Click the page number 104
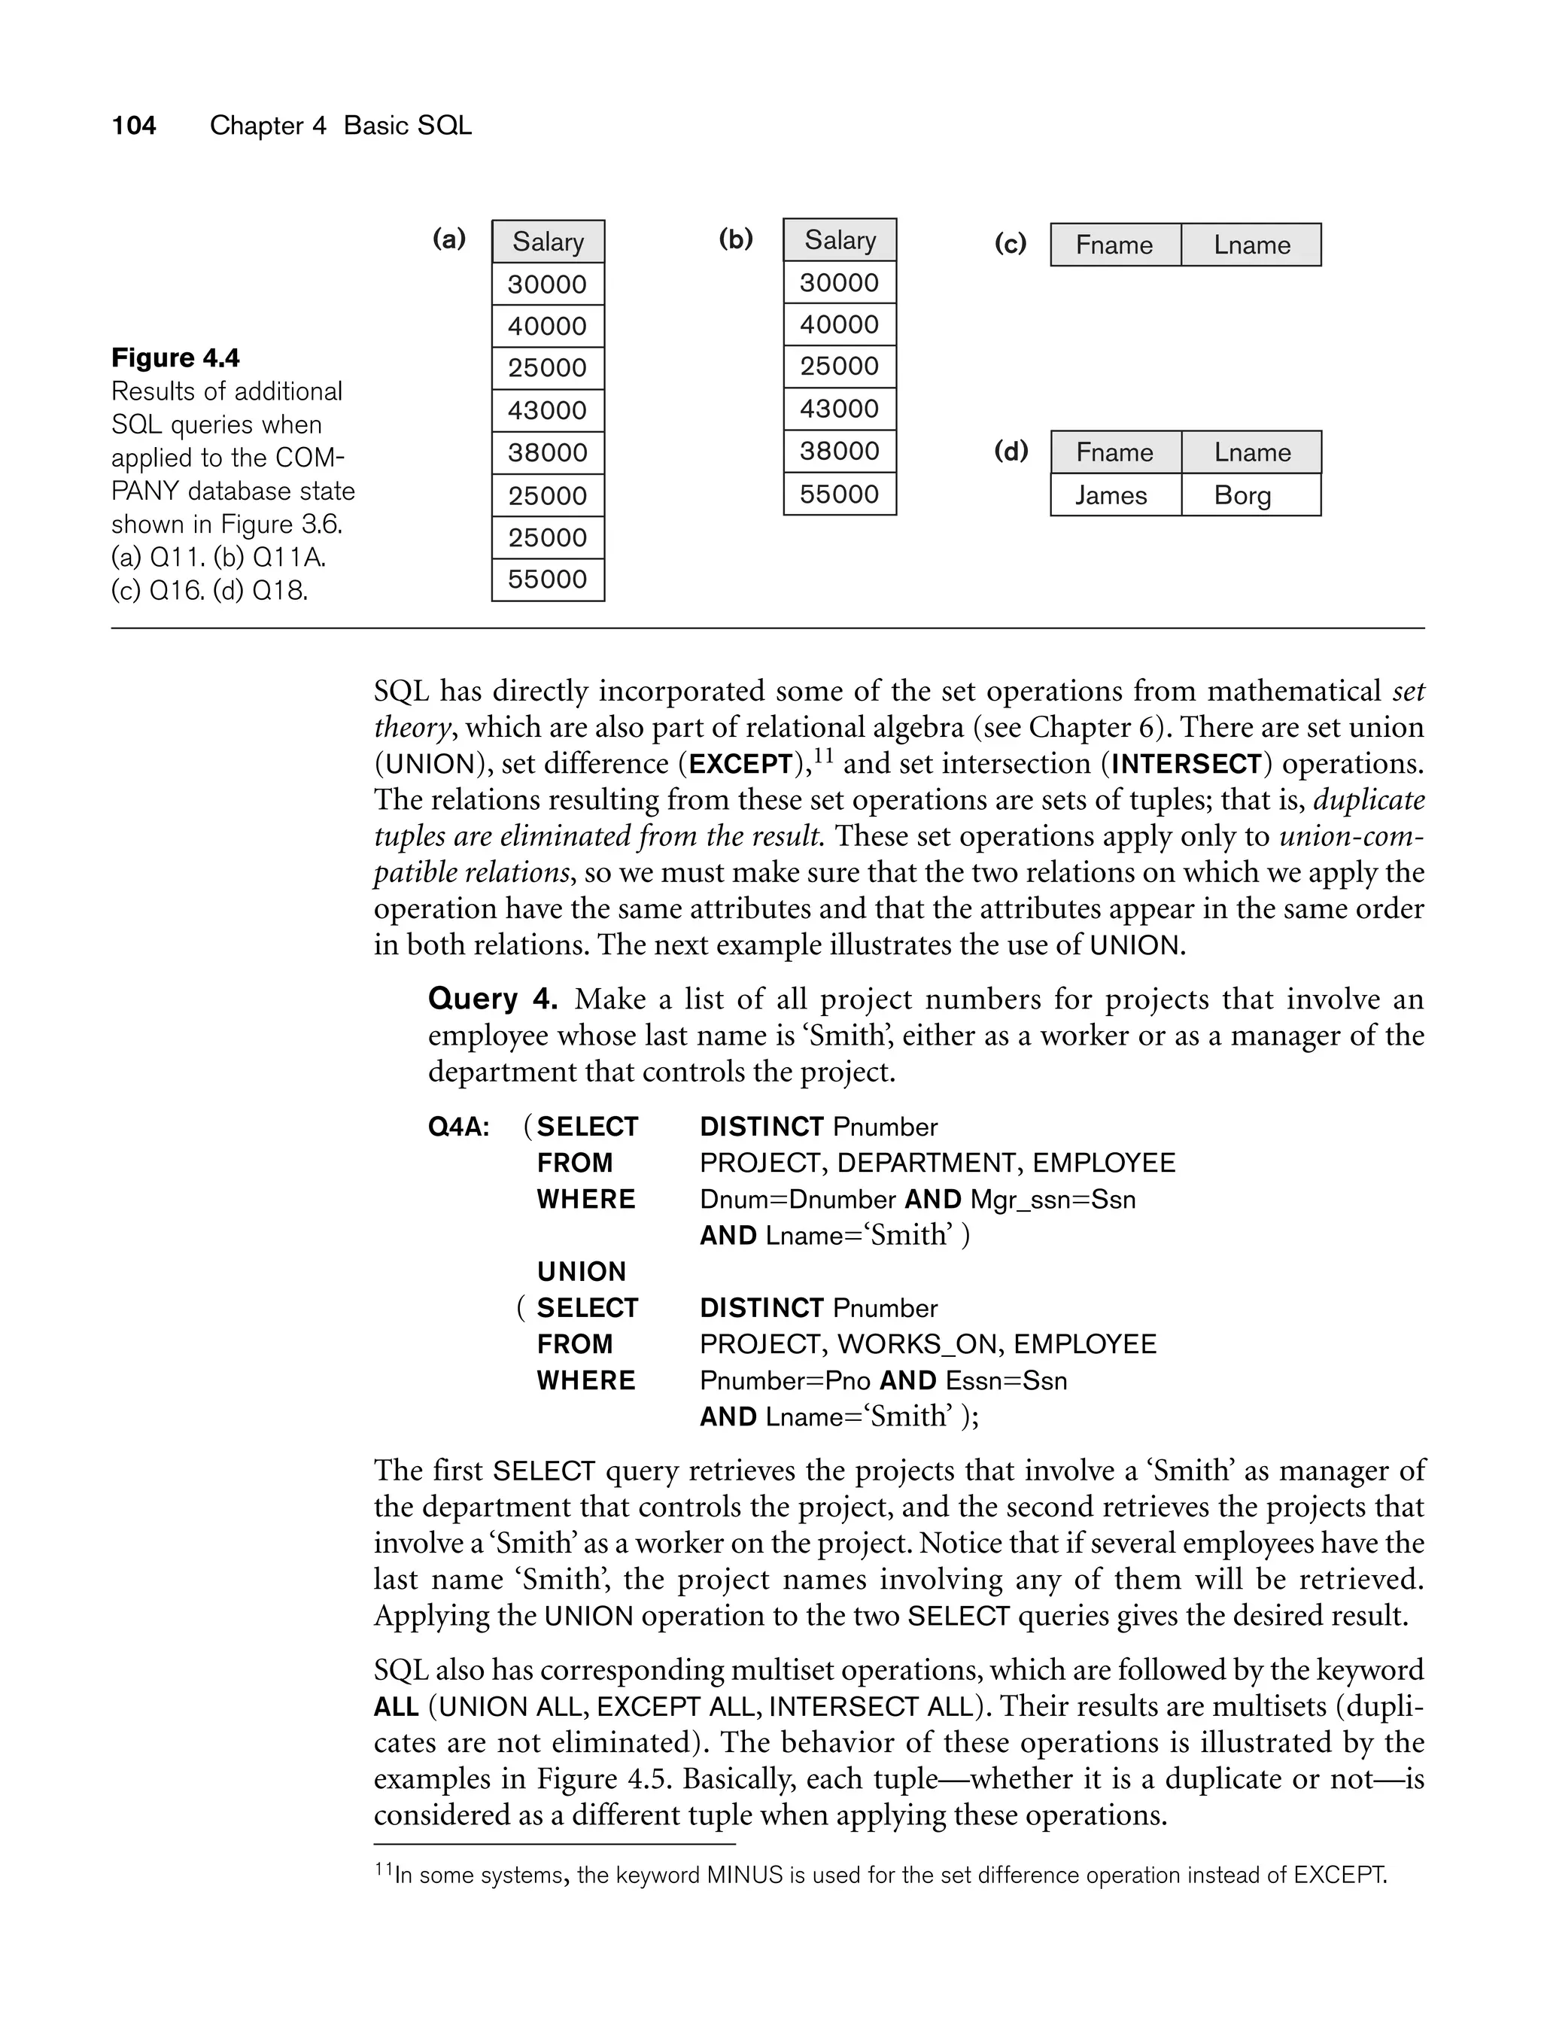click(x=134, y=126)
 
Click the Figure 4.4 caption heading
click(x=175, y=357)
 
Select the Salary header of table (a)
click(x=548, y=242)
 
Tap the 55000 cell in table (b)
click(x=839, y=494)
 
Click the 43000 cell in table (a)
click(x=548, y=410)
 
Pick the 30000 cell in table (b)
click(x=839, y=282)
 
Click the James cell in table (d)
click(x=1111, y=495)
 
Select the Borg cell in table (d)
click(x=1242, y=495)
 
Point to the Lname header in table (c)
click(x=1251, y=245)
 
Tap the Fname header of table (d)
click(x=1114, y=452)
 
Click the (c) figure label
click(x=1010, y=243)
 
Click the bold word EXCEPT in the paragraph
click(x=740, y=764)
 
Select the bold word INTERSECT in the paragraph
click(x=1186, y=764)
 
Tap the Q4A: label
click(x=459, y=1127)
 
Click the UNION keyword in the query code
click(x=582, y=1271)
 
